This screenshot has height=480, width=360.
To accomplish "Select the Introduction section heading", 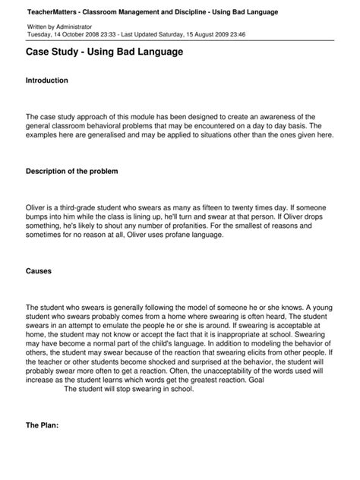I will coord(47,81).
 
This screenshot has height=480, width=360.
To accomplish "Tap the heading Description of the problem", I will coord(72,172).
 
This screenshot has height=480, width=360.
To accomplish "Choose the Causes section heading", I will coord(39,270).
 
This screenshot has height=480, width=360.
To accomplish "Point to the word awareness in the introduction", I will coord(295,116).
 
